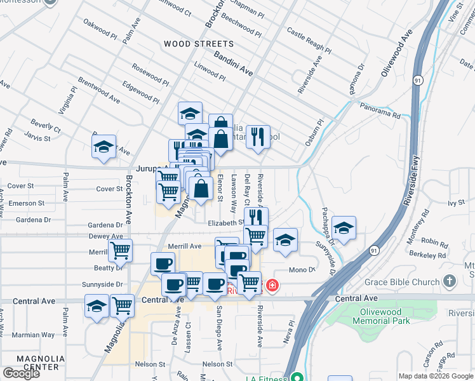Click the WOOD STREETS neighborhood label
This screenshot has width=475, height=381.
[x=199, y=44]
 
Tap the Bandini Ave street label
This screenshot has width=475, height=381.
[x=233, y=64]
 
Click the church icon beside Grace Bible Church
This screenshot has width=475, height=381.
[x=450, y=281]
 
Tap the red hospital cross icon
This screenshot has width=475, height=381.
[x=272, y=286]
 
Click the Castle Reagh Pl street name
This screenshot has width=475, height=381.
[x=309, y=39]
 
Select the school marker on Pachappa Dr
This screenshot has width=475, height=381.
[x=344, y=229]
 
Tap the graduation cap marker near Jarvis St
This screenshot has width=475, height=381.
[x=104, y=147]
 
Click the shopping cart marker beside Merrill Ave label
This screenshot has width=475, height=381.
[x=120, y=250]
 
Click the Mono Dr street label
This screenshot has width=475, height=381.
[x=302, y=270]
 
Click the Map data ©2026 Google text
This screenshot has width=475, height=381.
[x=436, y=376]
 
